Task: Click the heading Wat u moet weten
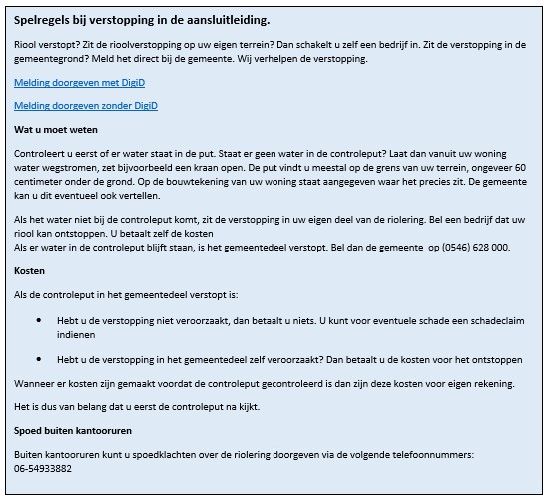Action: coord(56,130)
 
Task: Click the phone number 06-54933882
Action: coord(43,467)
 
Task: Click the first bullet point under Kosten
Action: coord(39,321)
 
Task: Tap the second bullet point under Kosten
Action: coord(39,359)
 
